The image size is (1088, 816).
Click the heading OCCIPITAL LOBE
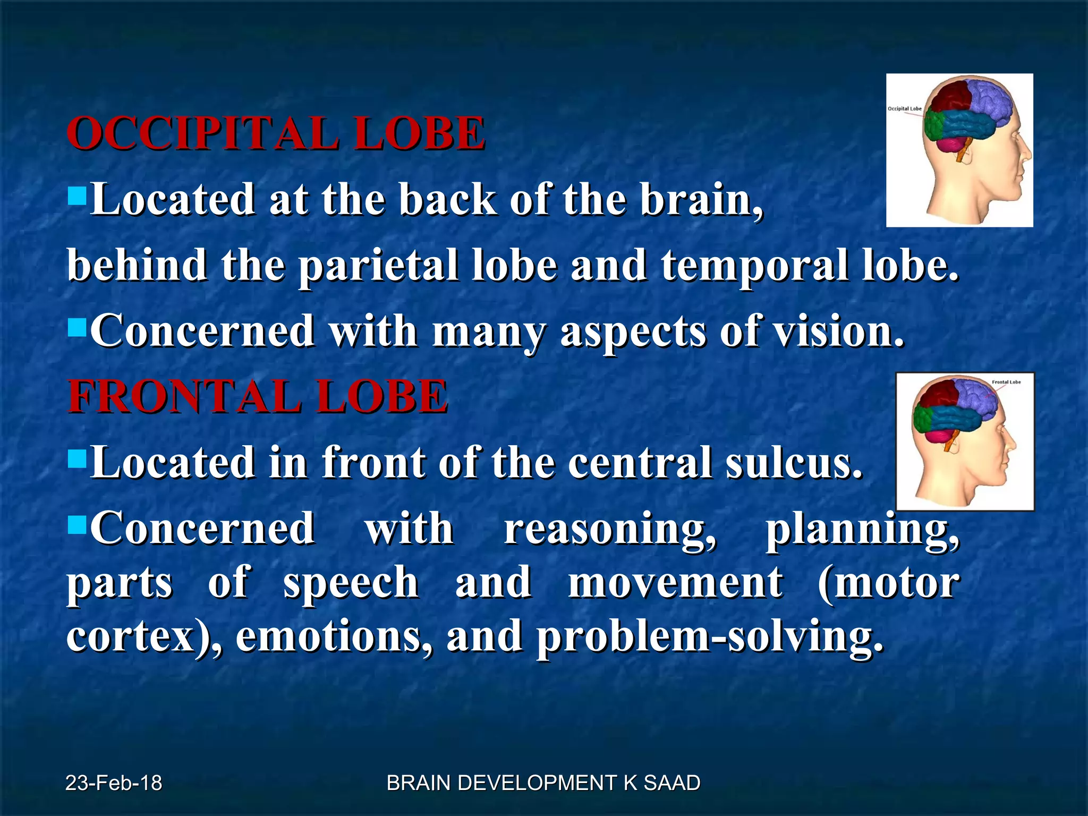tap(276, 133)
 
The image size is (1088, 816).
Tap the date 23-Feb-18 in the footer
tap(114, 783)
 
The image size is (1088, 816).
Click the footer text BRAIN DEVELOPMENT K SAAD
tap(543, 783)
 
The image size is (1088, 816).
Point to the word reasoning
tap(609, 530)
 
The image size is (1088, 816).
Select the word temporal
tap(754, 265)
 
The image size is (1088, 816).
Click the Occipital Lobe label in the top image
tap(904, 109)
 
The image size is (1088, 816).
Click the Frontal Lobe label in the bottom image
tap(1006, 382)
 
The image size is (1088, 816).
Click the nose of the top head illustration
tap(1027, 154)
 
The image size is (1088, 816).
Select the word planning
tap(862, 530)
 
